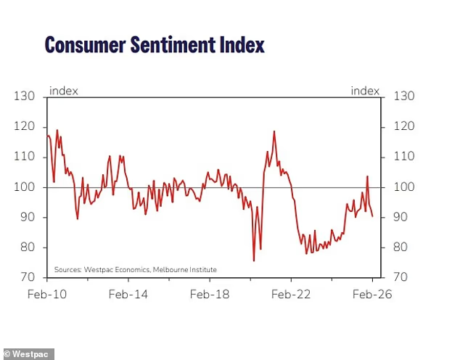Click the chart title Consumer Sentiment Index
pyautogui.click(x=155, y=45)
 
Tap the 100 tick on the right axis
pyautogui.click(x=403, y=187)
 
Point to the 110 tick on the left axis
pyautogui.click(x=26, y=157)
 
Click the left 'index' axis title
pyautogui.click(x=64, y=91)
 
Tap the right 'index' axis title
pyautogui.click(x=365, y=91)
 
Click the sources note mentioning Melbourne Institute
pyautogui.click(x=135, y=270)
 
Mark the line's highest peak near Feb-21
pyautogui.click(x=274, y=131)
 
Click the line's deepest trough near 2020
pyautogui.click(x=254, y=261)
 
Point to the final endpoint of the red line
pyautogui.click(x=373, y=216)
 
